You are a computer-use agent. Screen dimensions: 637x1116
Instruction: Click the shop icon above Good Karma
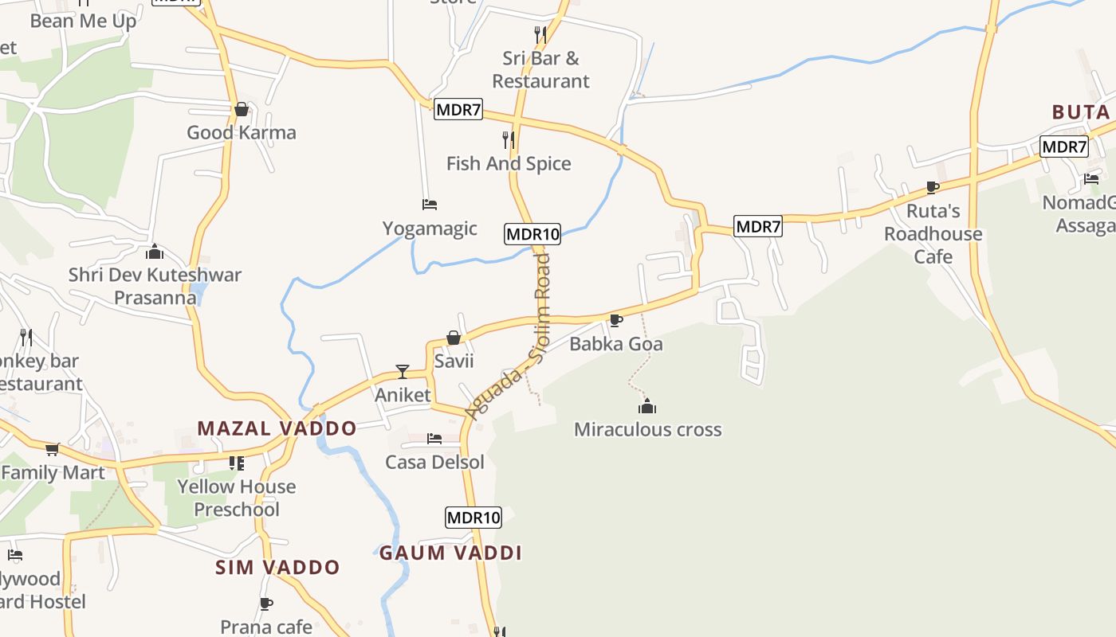pyautogui.click(x=242, y=109)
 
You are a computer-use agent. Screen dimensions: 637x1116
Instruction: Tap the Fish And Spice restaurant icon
pyautogui.click(x=508, y=140)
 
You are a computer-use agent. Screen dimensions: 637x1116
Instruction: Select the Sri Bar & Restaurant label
pyautogui.click(x=540, y=69)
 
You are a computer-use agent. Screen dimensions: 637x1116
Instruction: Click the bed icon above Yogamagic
pyautogui.click(x=430, y=205)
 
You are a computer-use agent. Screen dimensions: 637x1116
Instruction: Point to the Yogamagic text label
pyautogui.click(x=430, y=229)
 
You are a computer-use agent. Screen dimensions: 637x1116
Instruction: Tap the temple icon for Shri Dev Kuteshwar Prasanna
pyautogui.click(x=155, y=252)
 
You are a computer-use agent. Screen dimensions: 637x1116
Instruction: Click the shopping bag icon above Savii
pyautogui.click(x=454, y=338)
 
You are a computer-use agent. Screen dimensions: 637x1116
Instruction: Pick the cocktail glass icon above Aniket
pyautogui.click(x=403, y=372)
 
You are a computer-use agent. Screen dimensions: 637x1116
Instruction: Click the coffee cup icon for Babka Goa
pyautogui.click(x=615, y=320)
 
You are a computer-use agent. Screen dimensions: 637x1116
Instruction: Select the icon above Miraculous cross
pyautogui.click(x=647, y=407)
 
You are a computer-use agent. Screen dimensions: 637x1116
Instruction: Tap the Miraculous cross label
pyautogui.click(x=647, y=430)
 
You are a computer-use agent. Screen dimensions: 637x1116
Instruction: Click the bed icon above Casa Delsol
pyautogui.click(x=434, y=439)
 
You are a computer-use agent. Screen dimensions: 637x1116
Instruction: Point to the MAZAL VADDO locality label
pyautogui.click(x=277, y=428)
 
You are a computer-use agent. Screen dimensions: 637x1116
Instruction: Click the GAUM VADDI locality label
pyautogui.click(x=450, y=553)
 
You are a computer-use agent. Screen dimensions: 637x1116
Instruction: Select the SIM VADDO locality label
pyautogui.click(x=277, y=567)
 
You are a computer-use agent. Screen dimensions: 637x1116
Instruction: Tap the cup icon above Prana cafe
pyautogui.click(x=266, y=604)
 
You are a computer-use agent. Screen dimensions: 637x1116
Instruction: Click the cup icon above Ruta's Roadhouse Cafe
pyautogui.click(x=933, y=188)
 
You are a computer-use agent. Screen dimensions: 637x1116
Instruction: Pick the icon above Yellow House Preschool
pyautogui.click(x=236, y=463)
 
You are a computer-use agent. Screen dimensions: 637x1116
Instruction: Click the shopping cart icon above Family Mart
pyautogui.click(x=53, y=450)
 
